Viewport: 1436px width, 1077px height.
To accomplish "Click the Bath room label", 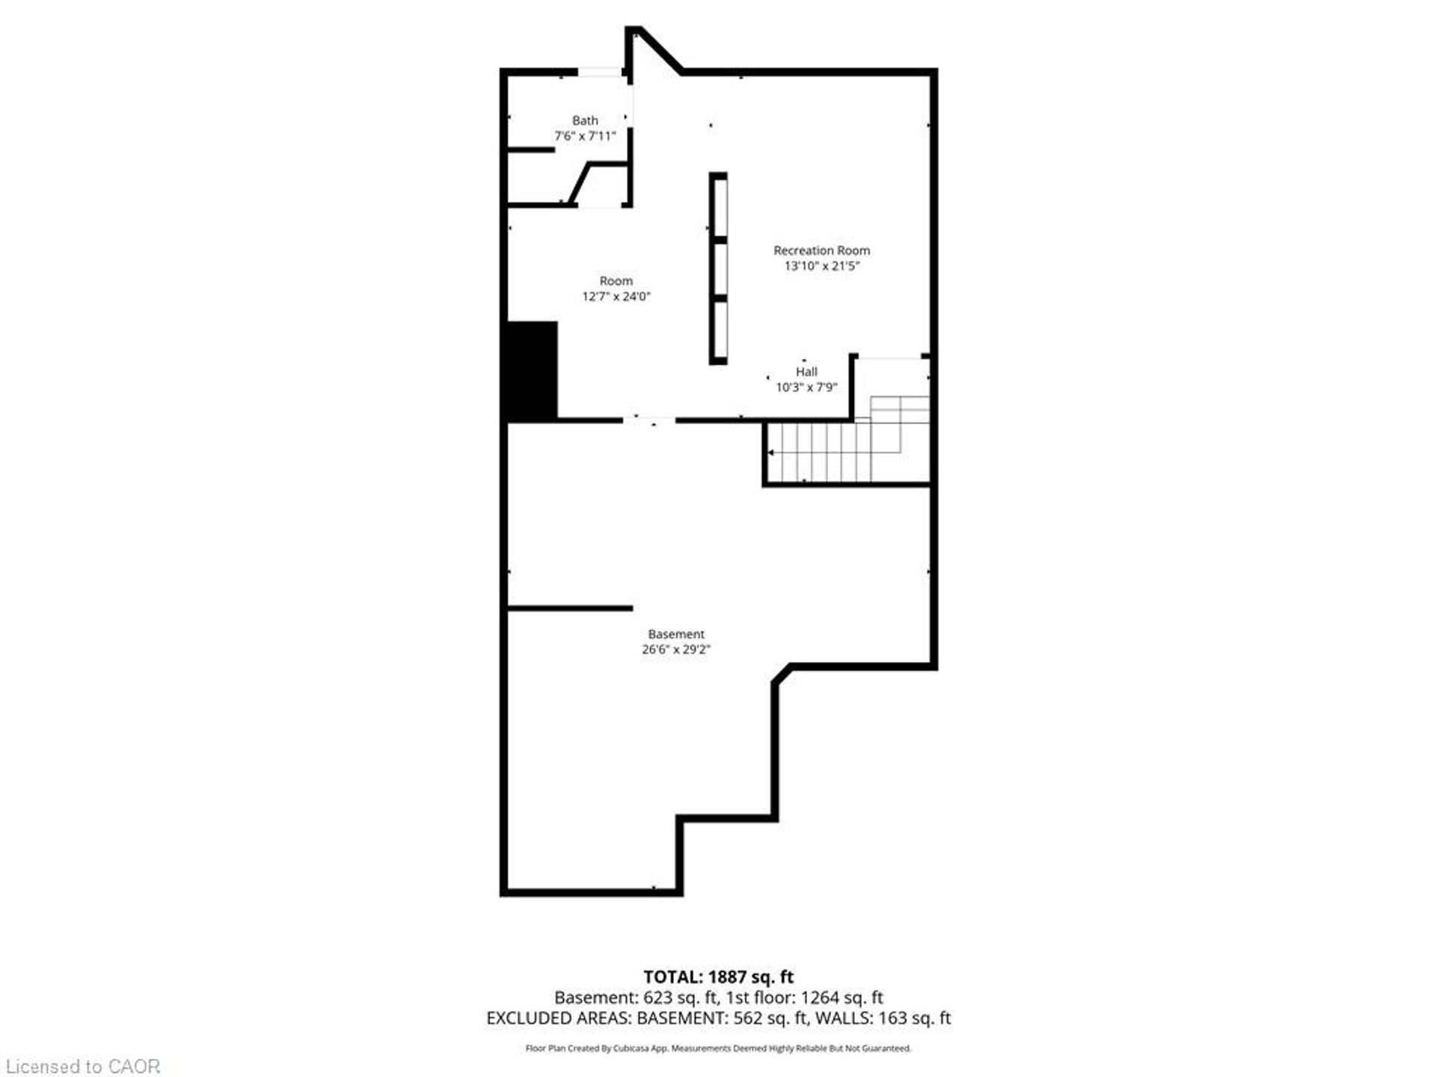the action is pyautogui.click(x=585, y=120).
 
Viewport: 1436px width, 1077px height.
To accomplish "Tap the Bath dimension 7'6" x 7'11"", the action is pyautogui.click(x=585, y=136).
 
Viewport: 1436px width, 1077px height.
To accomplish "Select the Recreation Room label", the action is pyautogui.click(x=821, y=251).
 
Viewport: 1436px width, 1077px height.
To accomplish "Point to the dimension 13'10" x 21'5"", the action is pyautogui.click(x=821, y=266).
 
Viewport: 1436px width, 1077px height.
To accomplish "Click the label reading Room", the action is pyautogui.click(x=616, y=281).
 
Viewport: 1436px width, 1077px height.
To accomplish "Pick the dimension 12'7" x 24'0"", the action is pyautogui.click(x=616, y=297).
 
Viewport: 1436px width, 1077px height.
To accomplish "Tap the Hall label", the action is pyautogui.click(x=806, y=372).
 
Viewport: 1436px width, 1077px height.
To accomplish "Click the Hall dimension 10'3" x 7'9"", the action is pyautogui.click(x=806, y=387).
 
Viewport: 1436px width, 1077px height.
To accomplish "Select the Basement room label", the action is pyautogui.click(x=676, y=634).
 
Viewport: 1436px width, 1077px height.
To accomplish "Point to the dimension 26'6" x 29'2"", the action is pyautogui.click(x=676, y=650).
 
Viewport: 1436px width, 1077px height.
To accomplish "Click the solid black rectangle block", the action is pyautogui.click(x=533, y=370).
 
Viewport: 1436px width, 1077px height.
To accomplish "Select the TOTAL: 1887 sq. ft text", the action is pyautogui.click(x=719, y=977).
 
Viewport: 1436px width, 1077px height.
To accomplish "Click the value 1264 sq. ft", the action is pyautogui.click(x=842, y=998).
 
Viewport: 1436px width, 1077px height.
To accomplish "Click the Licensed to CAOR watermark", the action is pyautogui.click(x=83, y=1066).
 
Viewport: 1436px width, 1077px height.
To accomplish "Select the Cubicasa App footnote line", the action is pyautogui.click(x=719, y=1049).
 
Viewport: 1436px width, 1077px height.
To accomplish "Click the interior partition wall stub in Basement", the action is pyautogui.click(x=570, y=608).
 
